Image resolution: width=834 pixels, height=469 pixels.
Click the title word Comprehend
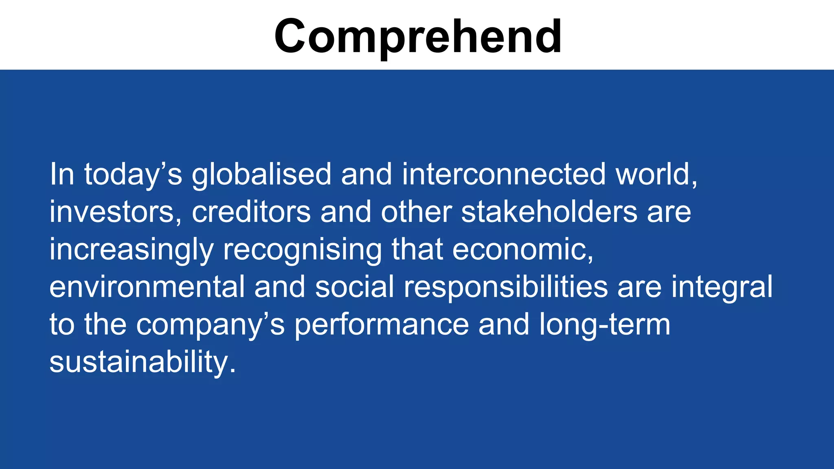(418, 37)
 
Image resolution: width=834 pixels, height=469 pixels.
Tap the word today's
(133, 175)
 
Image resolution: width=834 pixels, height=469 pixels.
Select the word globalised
(261, 175)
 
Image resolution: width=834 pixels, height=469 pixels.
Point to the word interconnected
(504, 175)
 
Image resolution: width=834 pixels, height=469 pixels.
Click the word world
(656, 175)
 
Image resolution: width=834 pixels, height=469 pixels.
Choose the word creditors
(251, 212)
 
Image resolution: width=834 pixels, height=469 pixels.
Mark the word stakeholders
(549, 212)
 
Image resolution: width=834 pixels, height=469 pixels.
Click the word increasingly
(132, 250)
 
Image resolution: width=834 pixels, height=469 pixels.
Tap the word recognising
(302, 250)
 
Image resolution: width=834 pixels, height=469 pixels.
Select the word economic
(522, 250)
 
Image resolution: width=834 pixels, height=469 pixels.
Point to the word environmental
(147, 287)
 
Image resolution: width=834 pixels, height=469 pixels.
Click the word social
(354, 287)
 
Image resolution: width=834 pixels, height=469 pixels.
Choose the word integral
(722, 287)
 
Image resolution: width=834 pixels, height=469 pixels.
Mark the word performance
(382, 325)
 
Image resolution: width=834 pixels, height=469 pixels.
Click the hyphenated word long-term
(605, 325)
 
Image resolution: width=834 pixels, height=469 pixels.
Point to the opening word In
(62, 175)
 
